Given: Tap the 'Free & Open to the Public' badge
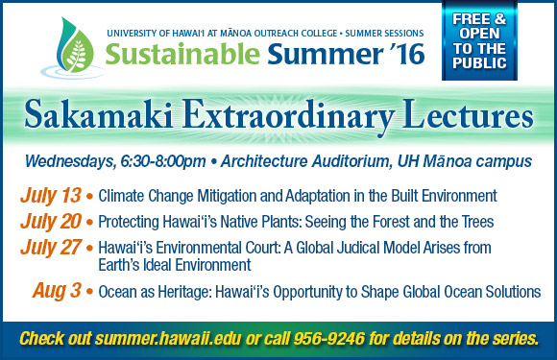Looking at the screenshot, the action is pos(479,41).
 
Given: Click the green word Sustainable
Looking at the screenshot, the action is pos(182,54).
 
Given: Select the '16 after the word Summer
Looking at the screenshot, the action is pos(407,54).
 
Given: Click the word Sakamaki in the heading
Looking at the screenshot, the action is pos(99,114).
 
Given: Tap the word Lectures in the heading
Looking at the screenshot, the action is pos(468,114).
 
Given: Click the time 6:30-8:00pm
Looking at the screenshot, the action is pos(163,161).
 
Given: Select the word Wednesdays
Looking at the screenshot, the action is pos(70,162).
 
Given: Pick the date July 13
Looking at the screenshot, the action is pos(51,196).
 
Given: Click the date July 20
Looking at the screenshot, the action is pos(51,222).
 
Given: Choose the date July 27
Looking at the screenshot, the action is pos(51,248).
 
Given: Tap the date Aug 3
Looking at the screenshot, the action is pos(58,291).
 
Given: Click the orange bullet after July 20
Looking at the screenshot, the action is pos(89,223).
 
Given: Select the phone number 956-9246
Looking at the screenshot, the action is pos(329,338).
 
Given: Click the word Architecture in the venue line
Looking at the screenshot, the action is pos(264,161).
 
